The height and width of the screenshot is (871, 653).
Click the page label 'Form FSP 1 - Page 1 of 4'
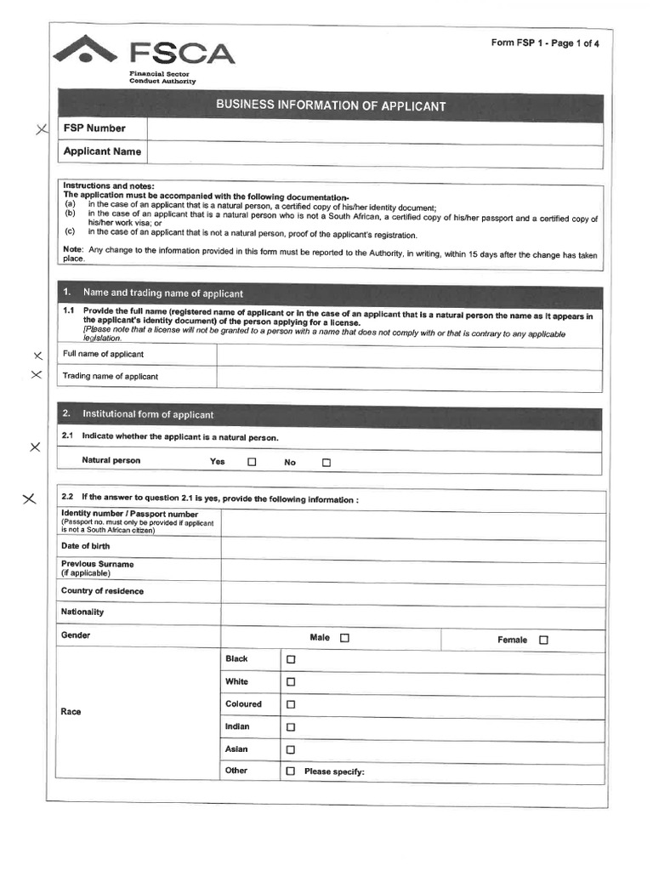(544, 43)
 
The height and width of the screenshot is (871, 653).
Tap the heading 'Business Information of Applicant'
(330, 106)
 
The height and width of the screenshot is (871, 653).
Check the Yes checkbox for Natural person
(252, 463)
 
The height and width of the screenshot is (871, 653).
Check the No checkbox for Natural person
(326, 463)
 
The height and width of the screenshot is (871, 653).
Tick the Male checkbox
(344, 638)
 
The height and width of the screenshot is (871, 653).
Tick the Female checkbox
(543, 640)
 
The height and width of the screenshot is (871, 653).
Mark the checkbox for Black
(291, 659)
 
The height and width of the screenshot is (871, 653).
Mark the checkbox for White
(291, 682)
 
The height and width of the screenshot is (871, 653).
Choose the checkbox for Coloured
(291, 704)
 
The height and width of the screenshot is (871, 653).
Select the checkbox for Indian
(291, 727)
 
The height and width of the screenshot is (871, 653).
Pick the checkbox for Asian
(291, 750)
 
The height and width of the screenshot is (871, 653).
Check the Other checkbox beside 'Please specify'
(291, 771)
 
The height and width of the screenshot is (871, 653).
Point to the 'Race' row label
(71, 712)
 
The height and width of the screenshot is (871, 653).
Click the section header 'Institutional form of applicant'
(148, 415)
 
